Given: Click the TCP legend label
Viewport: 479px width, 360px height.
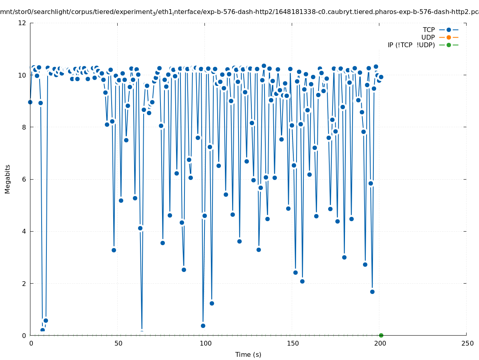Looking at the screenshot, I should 429,30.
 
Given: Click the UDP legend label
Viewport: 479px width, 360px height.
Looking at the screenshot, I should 428,37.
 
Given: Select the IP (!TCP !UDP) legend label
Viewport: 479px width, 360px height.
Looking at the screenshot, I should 411,45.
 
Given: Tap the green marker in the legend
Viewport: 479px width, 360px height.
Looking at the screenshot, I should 449,45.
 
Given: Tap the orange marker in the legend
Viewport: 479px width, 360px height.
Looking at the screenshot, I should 449,37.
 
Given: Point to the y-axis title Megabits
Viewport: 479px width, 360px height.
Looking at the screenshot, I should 8,179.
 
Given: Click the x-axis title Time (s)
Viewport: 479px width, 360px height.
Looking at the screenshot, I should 248,354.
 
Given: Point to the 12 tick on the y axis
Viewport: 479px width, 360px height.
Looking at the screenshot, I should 23,23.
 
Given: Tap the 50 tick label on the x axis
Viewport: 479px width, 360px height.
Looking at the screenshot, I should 118,343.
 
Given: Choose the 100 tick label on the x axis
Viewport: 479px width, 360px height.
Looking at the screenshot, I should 205,343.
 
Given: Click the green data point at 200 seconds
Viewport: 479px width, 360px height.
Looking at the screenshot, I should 381,335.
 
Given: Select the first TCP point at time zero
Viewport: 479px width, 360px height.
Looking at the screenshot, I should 30,102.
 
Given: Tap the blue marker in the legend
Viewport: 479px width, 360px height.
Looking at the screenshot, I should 449,30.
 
